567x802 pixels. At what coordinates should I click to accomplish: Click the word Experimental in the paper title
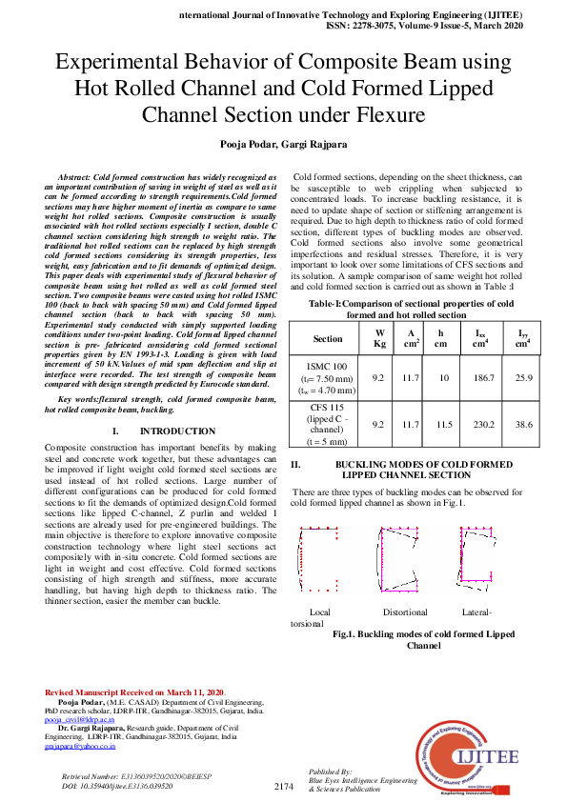122,65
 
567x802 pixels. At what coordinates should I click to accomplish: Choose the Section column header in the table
328,338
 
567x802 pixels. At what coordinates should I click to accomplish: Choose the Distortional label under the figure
405,612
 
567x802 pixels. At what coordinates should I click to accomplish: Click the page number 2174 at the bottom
283,786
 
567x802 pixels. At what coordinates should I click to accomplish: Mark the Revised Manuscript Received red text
134,691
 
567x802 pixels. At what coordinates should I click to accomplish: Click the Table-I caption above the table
419,309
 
